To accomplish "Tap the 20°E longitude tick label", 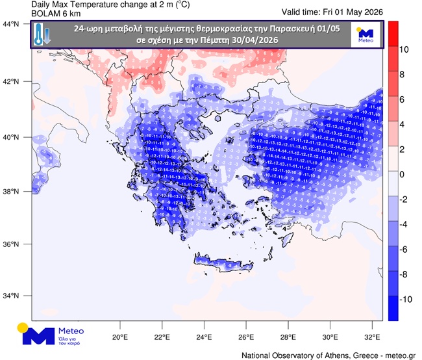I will point(119,338).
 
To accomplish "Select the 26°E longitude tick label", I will point(245,338).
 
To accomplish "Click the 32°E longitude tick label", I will point(372,338).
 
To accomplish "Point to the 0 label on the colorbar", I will point(402,174).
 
